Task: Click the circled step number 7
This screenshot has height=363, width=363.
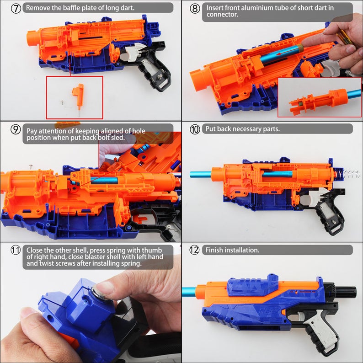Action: [16, 8]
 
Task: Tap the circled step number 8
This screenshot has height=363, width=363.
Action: [195, 8]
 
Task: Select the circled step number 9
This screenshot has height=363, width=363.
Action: [16, 129]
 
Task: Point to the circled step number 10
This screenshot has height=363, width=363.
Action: [195, 129]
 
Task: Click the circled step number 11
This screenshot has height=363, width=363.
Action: [16, 251]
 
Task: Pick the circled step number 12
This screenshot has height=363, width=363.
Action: [195, 251]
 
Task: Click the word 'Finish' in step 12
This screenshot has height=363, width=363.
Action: [215, 250]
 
